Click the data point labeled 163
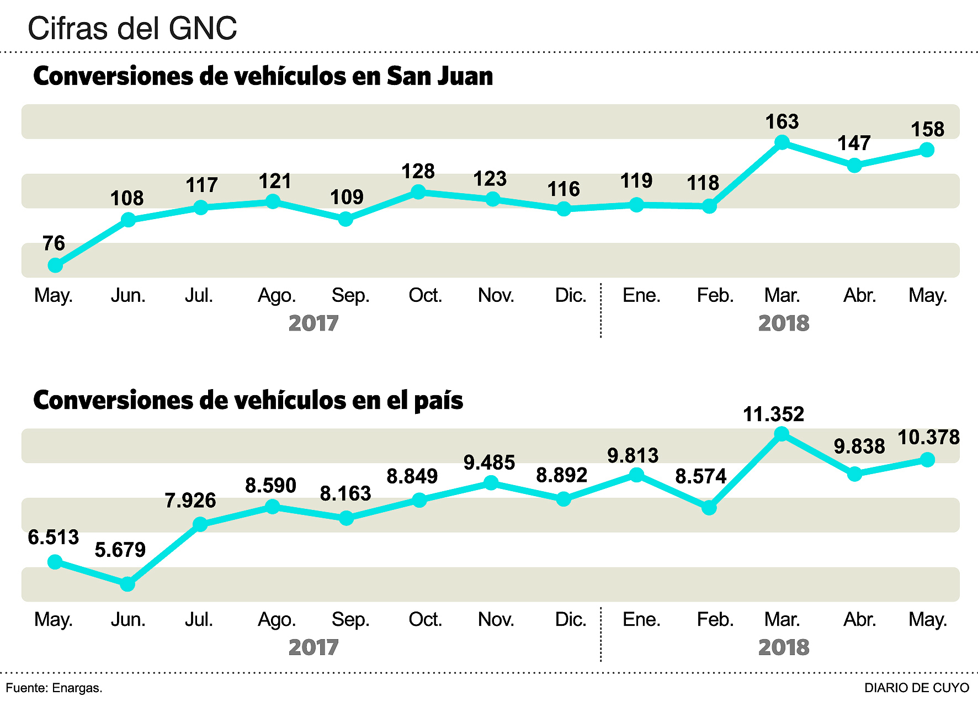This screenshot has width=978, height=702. point(782,143)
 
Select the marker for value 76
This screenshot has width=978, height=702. point(55,265)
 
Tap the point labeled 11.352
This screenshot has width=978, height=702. point(782,434)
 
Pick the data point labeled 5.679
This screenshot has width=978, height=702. point(127,584)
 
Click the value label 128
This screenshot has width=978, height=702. point(418,172)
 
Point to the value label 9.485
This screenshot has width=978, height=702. point(489,462)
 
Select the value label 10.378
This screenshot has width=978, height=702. point(928,438)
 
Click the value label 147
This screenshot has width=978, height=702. point(854,143)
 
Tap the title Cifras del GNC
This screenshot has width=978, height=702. point(132,28)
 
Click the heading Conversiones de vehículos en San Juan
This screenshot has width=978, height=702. point(263,76)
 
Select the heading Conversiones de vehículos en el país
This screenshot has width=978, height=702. point(248,400)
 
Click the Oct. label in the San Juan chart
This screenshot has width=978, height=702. point(425,296)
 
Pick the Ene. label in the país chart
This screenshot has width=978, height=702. point(641,620)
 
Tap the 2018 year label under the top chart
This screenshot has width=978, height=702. point(784,323)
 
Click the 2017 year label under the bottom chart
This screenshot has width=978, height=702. point(313,647)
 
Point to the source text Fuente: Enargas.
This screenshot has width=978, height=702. point(54,688)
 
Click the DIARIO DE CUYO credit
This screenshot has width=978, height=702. point(916,688)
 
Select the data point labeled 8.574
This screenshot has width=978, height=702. point(709,508)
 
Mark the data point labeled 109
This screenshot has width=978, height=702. point(346,219)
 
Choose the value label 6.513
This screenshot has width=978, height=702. point(54,538)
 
